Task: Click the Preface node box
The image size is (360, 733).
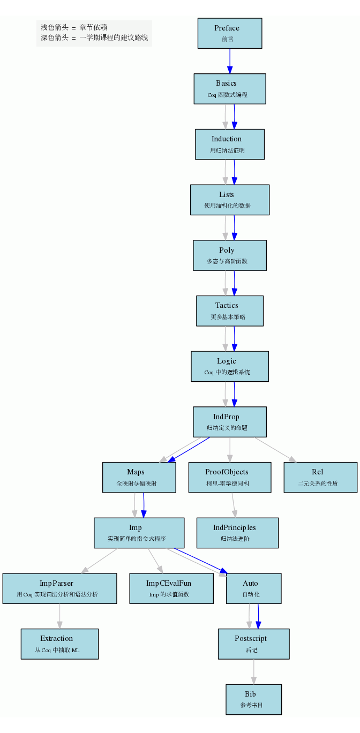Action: tap(229, 33)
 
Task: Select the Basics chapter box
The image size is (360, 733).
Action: tap(229, 88)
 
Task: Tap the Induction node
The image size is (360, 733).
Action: tap(229, 144)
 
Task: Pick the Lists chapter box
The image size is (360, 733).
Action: tap(229, 200)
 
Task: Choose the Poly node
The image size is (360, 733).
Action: tap(229, 255)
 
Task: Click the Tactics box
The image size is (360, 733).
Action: tap(229, 311)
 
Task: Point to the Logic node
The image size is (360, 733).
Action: tap(229, 366)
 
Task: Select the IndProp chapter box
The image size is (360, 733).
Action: tap(229, 421)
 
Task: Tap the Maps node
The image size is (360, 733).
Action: tap(139, 477)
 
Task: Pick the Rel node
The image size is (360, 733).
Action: tap(320, 477)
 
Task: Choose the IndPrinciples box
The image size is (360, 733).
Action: tap(237, 533)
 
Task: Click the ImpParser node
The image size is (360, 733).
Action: tap(59, 588)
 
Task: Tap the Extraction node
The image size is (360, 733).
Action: tap(59, 644)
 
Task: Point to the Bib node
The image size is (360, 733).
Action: tap(253, 699)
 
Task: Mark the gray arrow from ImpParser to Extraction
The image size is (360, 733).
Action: tap(59, 616)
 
